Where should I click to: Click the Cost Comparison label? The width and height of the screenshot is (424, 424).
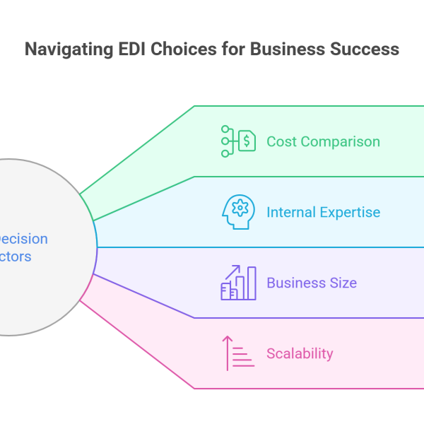[323, 141]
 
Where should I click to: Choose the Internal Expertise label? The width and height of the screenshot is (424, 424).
[323, 212]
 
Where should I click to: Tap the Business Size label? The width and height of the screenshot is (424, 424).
[311, 283]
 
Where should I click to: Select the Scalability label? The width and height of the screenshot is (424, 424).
[300, 353]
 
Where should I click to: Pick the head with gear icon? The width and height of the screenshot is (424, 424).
[238, 212]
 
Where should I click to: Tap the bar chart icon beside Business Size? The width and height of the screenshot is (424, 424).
[238, 283]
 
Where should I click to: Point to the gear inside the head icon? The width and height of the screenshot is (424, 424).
[240, 208]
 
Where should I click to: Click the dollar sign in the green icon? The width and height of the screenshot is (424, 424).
[247, 141]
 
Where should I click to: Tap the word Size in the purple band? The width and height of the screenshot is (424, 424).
[343, 283]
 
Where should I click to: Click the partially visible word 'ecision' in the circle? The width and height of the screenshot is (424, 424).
[24, 239]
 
